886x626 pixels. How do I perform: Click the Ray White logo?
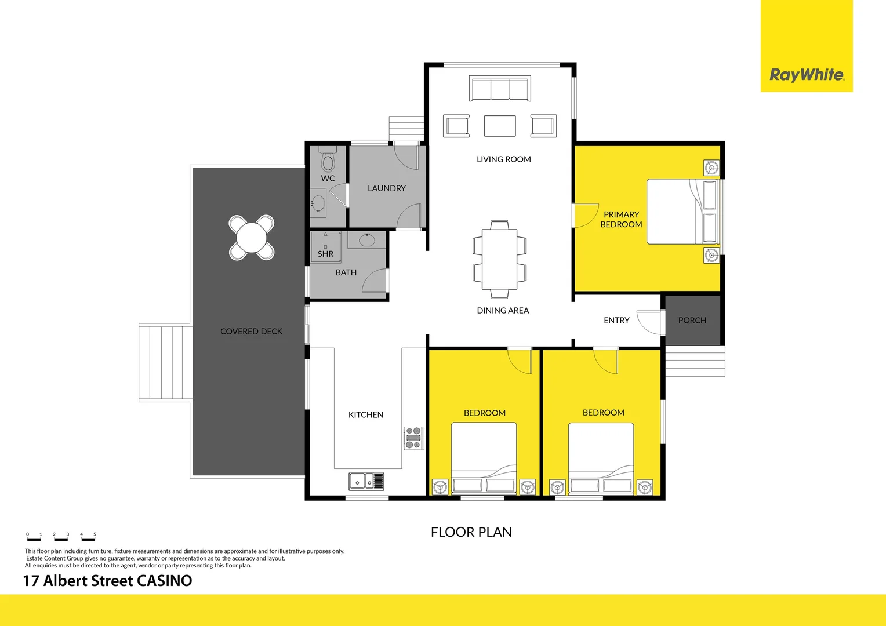click(x=806, y=75)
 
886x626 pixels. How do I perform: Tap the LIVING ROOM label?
click(x=503, y=159)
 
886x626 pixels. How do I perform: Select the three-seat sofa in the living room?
click(x=500, y=89)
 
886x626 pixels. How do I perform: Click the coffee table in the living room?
click(x=500, y=126)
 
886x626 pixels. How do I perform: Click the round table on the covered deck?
click(x=252, y=238)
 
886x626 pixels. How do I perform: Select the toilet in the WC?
click(x=328, y=161)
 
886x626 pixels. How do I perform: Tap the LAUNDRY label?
click(x=387, y=188)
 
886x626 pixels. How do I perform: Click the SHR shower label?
click(x=325, y=254)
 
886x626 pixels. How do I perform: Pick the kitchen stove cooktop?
click(x=413, y=438)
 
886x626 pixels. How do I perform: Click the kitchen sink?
click(x=360, y=481)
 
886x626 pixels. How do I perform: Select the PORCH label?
click(x=692, y=321)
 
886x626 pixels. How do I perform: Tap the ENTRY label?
click(x=616, y=321)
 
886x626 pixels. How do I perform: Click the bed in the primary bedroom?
click(x=682, y=212)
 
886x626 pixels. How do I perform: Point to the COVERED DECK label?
click(x=251, y=332)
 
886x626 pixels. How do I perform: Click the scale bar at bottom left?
click(x=61, y=537)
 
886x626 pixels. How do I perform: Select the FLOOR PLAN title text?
click(x=471, y=532)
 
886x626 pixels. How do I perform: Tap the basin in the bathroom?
click(x=367, y=239)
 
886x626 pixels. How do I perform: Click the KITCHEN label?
click(x=365, y=415)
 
